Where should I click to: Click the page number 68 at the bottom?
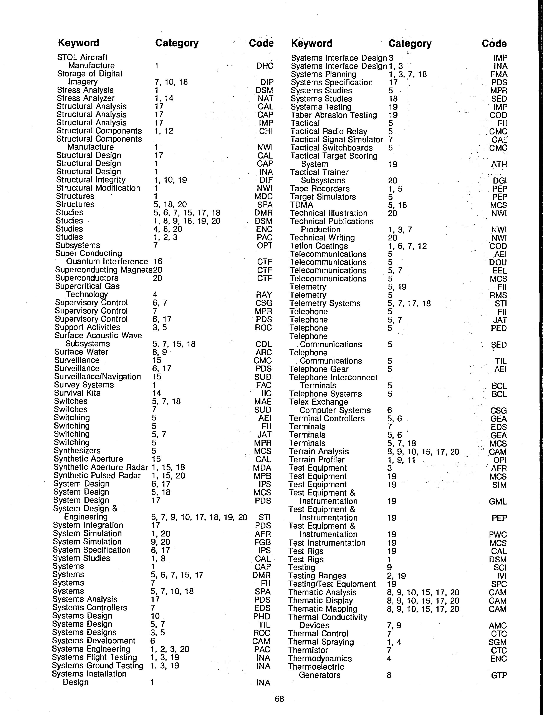[279, 699]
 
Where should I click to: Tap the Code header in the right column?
[494, 44]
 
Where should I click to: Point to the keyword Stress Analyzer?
[85, 98]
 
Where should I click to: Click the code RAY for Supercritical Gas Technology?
[264, 295]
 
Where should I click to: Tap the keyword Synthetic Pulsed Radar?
[97, 475]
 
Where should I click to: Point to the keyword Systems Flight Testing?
[94, 657]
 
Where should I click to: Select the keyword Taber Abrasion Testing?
[334, 115]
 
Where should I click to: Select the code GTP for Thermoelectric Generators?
[499, 675]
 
